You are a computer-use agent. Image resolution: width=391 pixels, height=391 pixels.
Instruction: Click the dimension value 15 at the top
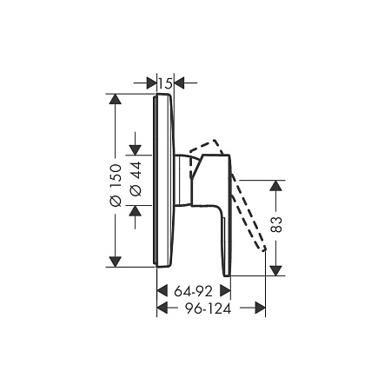coord(165,83)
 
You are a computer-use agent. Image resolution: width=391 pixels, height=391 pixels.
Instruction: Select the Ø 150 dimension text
coord(116,185)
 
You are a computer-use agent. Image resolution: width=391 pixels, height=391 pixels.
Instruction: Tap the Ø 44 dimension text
coord(136,179)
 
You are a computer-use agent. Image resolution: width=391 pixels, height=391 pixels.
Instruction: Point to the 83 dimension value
coord(276,224)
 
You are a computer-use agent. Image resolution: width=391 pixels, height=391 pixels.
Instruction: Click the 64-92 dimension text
coord(193,291)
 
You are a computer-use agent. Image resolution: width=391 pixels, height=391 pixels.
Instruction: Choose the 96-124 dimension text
coord(208,308)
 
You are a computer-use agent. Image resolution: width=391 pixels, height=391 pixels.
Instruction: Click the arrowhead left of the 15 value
coord(151,83)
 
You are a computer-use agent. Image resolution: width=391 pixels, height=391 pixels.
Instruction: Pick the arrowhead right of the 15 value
coord(179,83)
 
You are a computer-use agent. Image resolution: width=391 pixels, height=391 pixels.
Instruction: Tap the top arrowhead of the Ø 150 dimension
coord(116,99)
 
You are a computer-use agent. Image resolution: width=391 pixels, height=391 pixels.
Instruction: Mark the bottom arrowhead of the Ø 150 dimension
coord(116,262)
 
